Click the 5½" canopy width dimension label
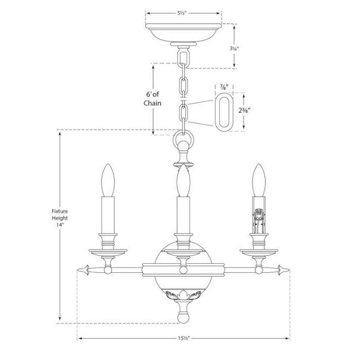(182, 12)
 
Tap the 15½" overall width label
(182, 339)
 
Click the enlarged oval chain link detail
(224, 112)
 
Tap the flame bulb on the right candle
(258, 180)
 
